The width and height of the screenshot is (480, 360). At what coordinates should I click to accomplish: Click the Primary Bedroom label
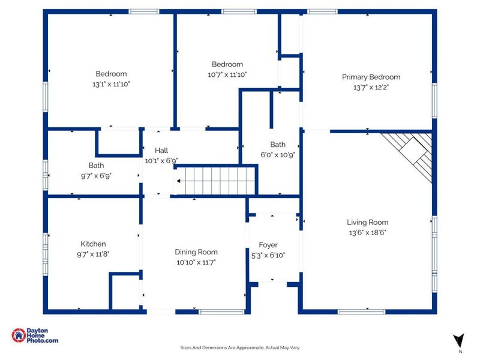pyautogui.click(x=371, y=77)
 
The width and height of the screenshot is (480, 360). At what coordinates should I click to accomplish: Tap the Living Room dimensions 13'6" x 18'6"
pyautogui.click(x=367, y=233)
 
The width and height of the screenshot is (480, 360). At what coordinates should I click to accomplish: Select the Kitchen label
pyautogui.click(x=93, y=244)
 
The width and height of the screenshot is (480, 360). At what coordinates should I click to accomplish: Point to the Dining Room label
pyautogui.click(x=196, y=252)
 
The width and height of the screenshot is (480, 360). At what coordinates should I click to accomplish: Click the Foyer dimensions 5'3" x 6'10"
pyautogui.click(x=268, y=256)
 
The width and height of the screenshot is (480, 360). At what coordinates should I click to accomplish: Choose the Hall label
pyautogui.click(x=161, y=151)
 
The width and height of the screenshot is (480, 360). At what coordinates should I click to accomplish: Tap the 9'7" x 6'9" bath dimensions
pyautogui.click(x=96, y=176)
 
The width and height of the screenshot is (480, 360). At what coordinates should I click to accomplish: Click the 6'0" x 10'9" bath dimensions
pyautogui.click(x=278, y=155)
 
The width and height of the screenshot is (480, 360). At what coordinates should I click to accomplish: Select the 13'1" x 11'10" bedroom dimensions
pyautogui.click(x=111, y=84)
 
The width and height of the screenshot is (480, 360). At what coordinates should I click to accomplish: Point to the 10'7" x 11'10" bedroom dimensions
pyautogui.click(x=227, y=74)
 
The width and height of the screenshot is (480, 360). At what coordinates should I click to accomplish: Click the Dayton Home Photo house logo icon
pyautogui.click(x=19, y=335)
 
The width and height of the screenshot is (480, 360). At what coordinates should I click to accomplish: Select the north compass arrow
pyautogui.click(x=458, y=341)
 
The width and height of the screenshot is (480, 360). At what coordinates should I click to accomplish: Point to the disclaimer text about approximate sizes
pyautogui.click(x=239, y=348)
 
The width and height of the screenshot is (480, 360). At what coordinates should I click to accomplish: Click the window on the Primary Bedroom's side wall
pyautogui.click(x=434, y=100)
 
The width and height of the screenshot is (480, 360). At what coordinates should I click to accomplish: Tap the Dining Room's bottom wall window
pyautogui.click(x=221, y=311)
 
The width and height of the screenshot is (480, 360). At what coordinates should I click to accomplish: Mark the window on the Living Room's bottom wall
pyautogui.click(x=362, y=311)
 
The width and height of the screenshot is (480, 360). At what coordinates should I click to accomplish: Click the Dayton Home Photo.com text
pyautogui.click(x=42, y=335)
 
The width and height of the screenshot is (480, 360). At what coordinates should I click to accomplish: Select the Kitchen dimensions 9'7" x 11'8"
pyautogui.click(x=93, y=254)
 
